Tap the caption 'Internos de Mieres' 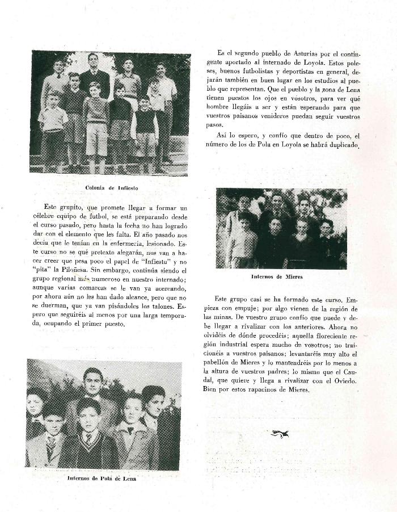pos(276,277)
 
